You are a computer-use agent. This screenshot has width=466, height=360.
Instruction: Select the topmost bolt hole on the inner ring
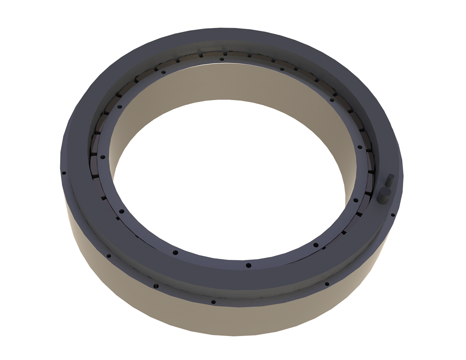[x=222, y=59]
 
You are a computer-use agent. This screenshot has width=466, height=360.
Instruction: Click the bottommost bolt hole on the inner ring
[x=248, y=265]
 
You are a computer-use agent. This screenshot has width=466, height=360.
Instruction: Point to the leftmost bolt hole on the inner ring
[x=103, y=157]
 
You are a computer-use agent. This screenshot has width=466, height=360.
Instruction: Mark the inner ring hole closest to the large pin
[x=356, y=200]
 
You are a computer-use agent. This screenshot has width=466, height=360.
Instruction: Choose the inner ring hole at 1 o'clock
[x=282, y=69]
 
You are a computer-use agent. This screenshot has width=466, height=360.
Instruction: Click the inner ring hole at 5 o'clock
[x=316, y=245]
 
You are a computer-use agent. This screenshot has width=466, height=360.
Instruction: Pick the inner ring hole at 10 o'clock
[x=120, y=106]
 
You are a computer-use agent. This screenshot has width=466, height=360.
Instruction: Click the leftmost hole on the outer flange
[x=64, y=172]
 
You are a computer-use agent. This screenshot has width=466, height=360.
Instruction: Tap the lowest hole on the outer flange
[x=213, y=302]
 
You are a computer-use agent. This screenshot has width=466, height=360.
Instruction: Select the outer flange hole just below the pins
[x=393, y=215]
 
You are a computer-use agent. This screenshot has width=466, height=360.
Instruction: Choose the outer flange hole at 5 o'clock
[x=326, y=284]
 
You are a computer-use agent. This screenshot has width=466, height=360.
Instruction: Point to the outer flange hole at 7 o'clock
[x=156, y=285]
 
